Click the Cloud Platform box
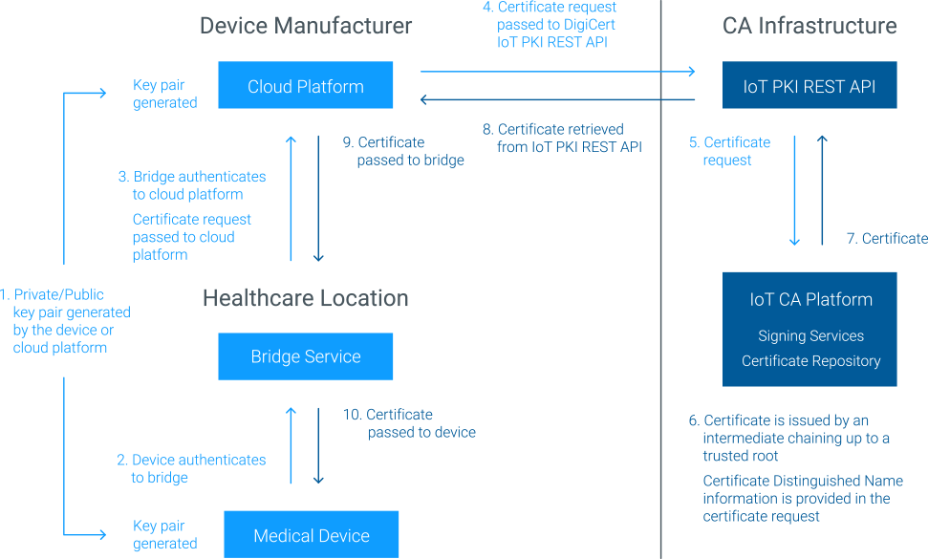[306, 86]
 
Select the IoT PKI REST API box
[809, 86]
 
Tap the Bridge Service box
[306, 356]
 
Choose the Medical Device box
[312, 535]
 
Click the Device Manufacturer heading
[306, 25]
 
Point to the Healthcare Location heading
[306, 298]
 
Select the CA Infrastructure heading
[809, 25]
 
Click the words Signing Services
[810, 335]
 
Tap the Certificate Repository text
[810, 360]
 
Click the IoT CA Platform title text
[810, 299]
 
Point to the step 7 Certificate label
[886, 238]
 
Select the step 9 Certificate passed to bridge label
[403, 151]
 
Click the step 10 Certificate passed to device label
[409, 423]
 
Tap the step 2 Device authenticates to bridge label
[191, 468]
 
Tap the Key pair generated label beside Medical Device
[164, 534]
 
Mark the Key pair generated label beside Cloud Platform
[164, 94]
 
